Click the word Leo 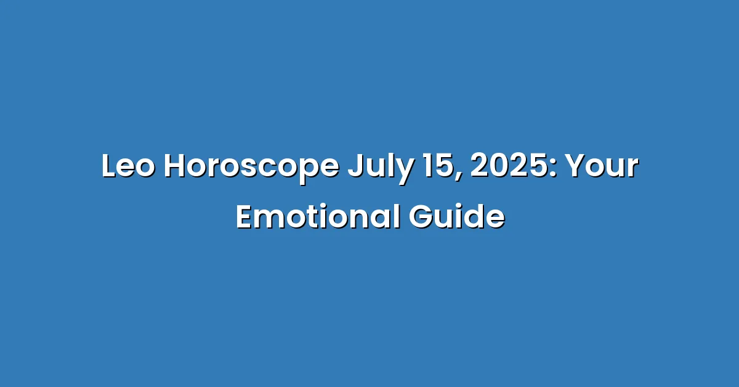click(x=128, y=166)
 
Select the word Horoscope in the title click(x=251, y=168)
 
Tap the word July click(x=381, y=168)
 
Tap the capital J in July click(x=356, y=166)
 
